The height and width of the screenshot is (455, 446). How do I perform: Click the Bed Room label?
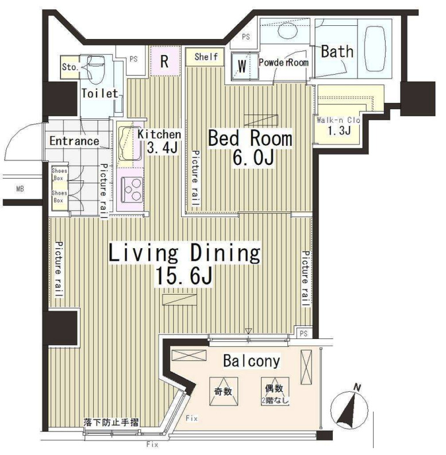coord(250,138)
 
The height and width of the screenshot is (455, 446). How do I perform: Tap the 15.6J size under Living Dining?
coord(184,276)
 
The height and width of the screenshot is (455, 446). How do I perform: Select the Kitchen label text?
coord(159,134)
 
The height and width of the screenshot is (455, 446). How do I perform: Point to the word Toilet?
coord(99,93)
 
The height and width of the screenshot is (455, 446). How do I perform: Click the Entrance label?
coord(74,141)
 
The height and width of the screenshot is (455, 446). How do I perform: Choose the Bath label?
coord(337,52)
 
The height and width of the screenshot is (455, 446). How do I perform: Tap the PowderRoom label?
coord(283,62)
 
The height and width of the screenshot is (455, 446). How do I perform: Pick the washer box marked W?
coord(242,67)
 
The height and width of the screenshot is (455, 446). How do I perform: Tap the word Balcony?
coord(251,361)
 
